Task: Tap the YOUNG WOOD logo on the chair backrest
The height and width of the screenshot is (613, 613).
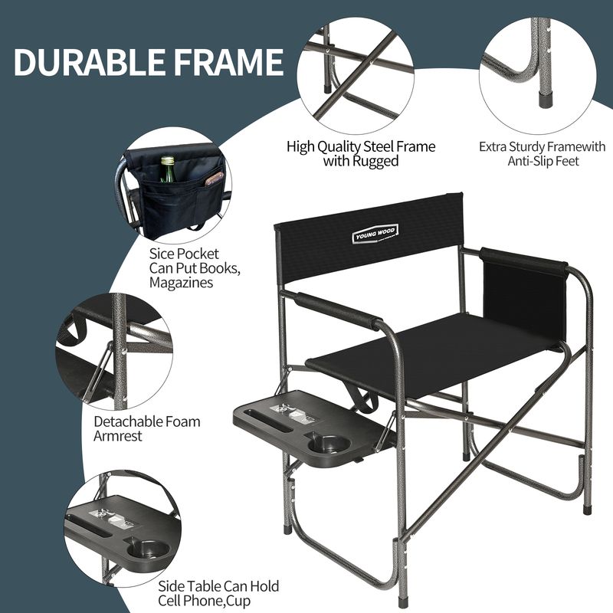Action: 375,234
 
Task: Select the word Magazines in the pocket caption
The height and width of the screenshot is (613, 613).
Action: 181,282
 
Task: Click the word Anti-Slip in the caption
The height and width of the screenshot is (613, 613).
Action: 528,161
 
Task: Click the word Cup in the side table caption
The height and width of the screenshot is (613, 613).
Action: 239,601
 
